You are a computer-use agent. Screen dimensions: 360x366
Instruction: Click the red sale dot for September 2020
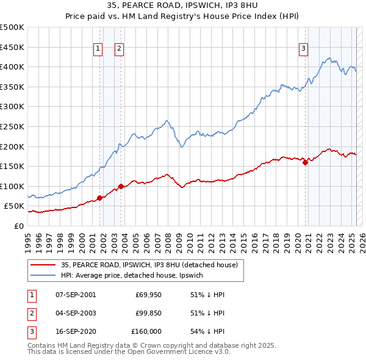[x=305, y=162]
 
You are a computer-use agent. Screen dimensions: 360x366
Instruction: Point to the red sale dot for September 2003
[x=121, y=186]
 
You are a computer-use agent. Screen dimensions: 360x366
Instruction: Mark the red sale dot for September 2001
[x=99, y=198]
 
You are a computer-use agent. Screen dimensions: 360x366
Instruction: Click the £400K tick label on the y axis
[x=12, y=67]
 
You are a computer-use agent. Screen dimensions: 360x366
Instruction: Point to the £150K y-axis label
[x=12, y=166]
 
